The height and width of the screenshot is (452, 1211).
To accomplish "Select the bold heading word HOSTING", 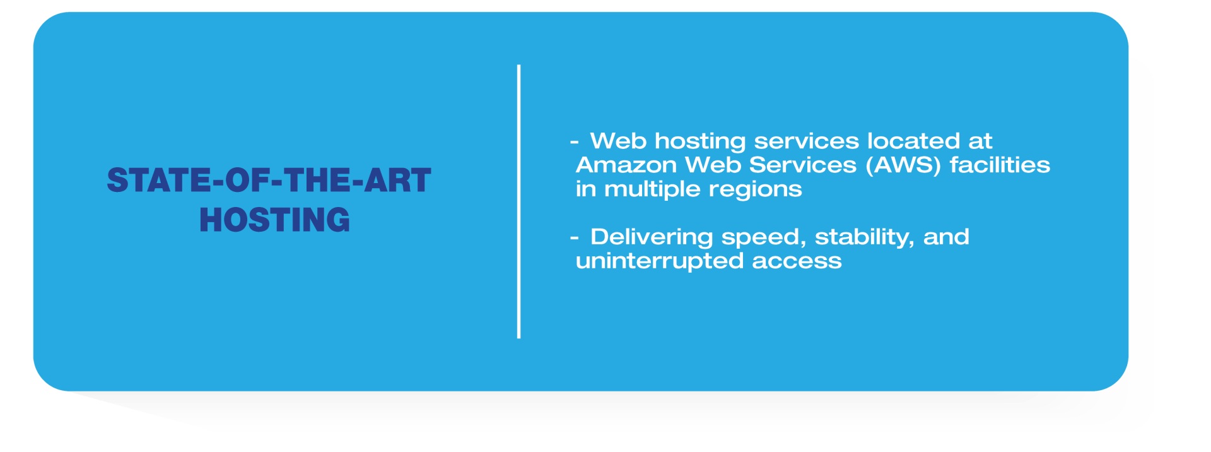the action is tap(274, 220).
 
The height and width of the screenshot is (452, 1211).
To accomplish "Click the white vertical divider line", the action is tap(518, 201).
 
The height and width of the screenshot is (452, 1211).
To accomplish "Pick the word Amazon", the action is tap(626, 165).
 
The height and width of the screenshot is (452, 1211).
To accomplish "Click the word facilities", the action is tap(1000, 165).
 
